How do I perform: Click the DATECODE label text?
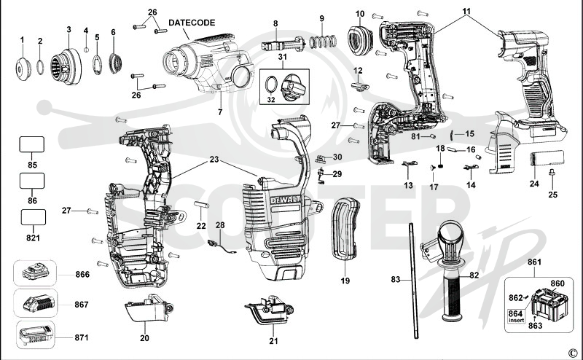[192, 23]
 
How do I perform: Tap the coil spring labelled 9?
[323, 42]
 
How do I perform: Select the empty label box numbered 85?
[32, 144]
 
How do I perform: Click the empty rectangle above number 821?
[34, 217]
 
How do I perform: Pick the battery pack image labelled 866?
[36, 273]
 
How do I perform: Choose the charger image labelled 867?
[39, 303]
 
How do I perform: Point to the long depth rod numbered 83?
[413, 281]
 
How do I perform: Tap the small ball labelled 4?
[86, 50]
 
